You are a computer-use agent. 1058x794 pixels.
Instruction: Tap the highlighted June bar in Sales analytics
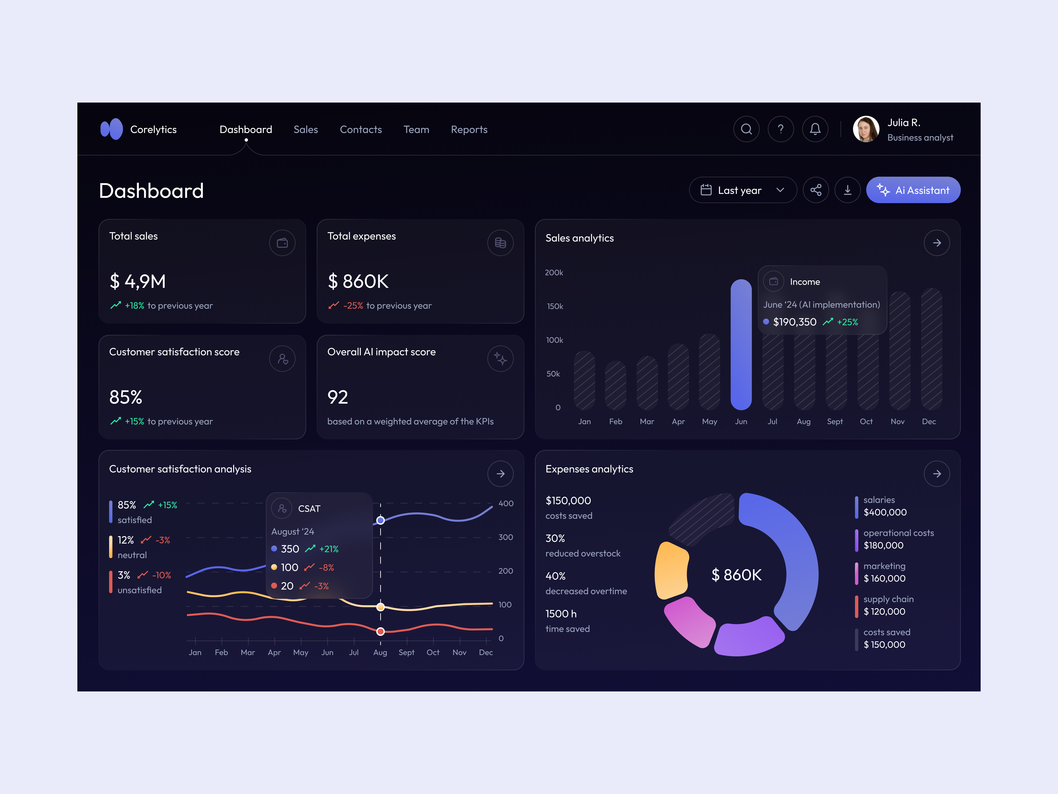[741, 345]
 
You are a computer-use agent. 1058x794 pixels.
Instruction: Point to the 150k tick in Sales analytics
[555, 306]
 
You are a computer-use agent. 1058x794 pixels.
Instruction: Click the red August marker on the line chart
[380, 631]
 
